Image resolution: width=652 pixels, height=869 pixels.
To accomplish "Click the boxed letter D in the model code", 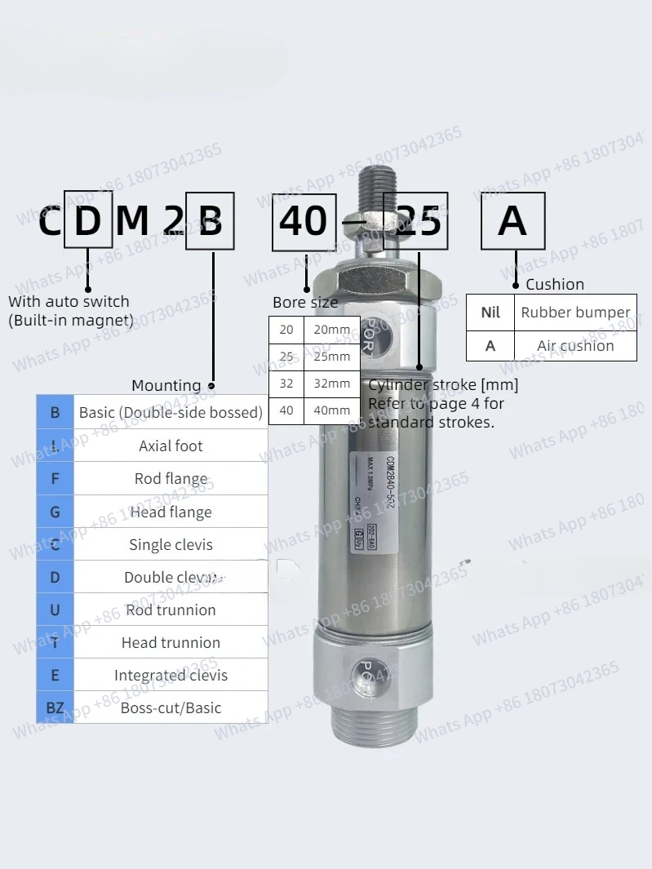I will click(x=88, y=219).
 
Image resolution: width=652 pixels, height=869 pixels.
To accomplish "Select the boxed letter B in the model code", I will click(x=210, y=220).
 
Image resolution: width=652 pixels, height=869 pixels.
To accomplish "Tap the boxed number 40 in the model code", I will click(x=304, y=220).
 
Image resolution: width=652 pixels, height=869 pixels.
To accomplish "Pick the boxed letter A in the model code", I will click(x=512, y=220).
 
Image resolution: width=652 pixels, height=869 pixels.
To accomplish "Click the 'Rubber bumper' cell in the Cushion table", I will click(x=575, y=312).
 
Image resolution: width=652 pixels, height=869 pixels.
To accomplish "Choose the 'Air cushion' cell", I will click(x=575, y=345).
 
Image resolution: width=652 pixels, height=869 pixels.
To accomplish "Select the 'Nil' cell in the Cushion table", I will click(x=490, y=312).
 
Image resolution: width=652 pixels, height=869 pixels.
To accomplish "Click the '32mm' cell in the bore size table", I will click(x=332, y=384).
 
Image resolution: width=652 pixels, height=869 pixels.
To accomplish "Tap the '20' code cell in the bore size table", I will click(x=286, y=330).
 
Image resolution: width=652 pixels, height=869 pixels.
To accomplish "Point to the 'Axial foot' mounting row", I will click(x=171, y=446).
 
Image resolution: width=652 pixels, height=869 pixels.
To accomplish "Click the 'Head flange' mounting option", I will click(x=171, y=512).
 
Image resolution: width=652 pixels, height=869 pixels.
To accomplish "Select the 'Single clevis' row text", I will click(x=171, y=544).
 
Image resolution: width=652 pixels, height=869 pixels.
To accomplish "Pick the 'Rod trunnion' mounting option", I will click(x=171, y=610).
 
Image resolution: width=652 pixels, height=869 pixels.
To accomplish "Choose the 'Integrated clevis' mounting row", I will click(x=171, y=675).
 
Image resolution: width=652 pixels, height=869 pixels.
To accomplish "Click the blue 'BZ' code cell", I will click(x=55, y=707).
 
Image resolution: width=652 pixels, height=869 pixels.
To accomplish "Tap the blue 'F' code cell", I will click(x=55, y=478).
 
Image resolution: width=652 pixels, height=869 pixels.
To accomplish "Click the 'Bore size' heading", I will click(x=304, y=303).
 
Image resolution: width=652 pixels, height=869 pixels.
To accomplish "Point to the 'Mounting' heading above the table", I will click(x=166, y=385).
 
